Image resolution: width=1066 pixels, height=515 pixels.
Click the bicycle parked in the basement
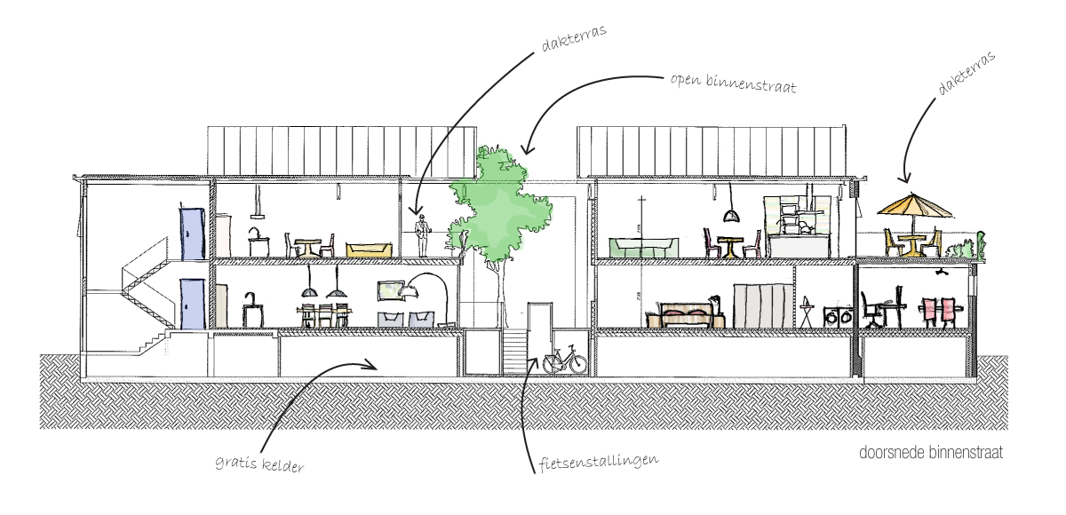[564, 360]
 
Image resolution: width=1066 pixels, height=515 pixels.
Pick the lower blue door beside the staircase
[192, 303]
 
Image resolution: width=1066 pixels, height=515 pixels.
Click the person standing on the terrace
[424, 235]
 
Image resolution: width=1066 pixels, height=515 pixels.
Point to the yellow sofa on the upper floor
[367, 250]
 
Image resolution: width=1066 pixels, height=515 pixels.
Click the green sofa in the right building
[644, 247]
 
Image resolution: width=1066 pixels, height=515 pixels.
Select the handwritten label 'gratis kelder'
[259, 464]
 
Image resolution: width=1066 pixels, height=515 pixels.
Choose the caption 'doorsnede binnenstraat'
[931, 453]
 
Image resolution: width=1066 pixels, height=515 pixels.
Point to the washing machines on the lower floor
[839, 317]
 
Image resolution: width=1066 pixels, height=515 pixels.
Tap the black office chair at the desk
[871, 312]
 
